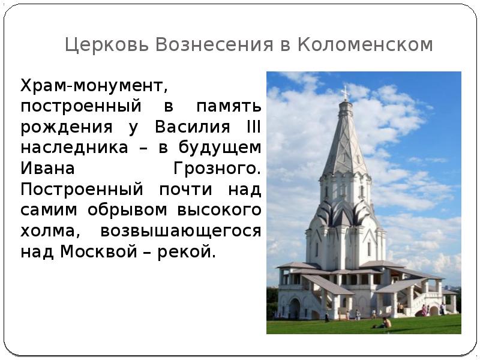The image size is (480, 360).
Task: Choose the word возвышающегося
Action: (181, 231)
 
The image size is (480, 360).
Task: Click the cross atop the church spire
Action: (344, 92)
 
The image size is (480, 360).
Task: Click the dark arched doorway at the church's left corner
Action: (295, 309)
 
